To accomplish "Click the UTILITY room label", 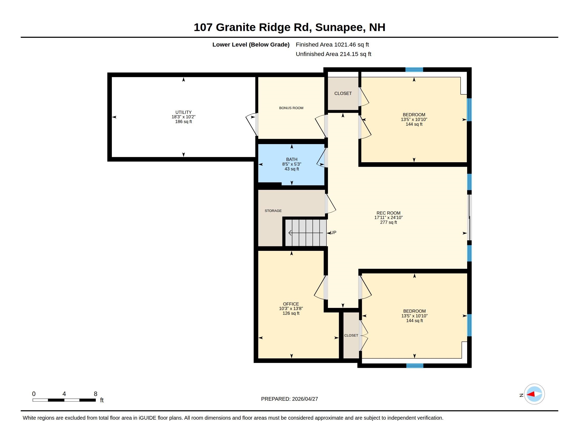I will (x=183, y=112).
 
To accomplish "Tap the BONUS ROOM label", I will (x=291, y=108).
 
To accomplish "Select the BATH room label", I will (x=292, y=159).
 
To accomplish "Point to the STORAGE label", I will (x=273, y=211).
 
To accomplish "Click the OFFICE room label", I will (x=291, y=304).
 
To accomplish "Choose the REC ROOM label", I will (x=388, y=213).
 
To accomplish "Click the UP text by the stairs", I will (x=333, y=232).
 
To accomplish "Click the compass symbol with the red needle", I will (x=534, y=394).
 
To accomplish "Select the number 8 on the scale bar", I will (x=96, y=394).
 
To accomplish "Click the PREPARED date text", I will (x=289, y=399).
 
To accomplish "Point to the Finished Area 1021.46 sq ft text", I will (x=332, y=45).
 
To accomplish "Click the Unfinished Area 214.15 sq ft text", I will (x=333, y=54).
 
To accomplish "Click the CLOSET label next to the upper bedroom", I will (x=343, y=94).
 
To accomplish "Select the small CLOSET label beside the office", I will (x=351, y=336).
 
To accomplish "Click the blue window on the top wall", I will (x=414, y=70).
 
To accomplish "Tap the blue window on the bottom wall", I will (x=415, y=366).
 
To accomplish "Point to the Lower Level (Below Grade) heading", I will (x=251, y=45).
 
